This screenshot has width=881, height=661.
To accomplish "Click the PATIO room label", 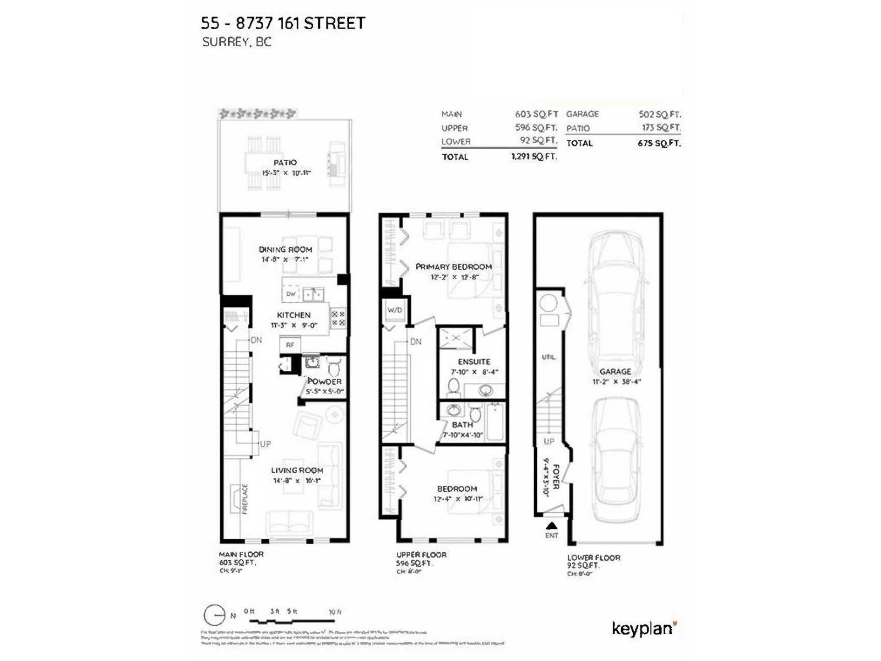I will pos(285,162).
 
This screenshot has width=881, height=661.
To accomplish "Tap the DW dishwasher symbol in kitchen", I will pos(291,294).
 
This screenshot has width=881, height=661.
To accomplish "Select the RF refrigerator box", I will pos(290,345).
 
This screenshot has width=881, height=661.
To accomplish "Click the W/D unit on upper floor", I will pos(394,310).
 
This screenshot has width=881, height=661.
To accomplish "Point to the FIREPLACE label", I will pos(245,499).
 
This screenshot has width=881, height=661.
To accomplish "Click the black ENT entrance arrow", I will pos(551,525).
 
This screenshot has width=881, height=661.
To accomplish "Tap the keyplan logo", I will pos(643,629).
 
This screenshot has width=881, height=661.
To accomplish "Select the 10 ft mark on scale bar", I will pos(335,612).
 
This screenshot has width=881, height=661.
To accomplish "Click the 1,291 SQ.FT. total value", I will pos(534,156).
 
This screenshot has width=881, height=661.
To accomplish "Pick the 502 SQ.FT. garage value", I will pos(659,114).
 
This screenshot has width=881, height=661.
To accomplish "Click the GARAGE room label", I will pos(615,371).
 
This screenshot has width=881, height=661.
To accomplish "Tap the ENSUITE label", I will pos(474,362).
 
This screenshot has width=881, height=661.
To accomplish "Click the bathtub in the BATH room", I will pos(495,422).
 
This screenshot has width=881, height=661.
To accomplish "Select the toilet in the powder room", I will pos(334,367).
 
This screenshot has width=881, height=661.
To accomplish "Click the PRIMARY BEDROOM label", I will pos(453,267).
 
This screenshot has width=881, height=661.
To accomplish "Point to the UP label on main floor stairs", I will pos(265,444).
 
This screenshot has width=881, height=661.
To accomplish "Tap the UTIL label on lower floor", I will pos(548,357).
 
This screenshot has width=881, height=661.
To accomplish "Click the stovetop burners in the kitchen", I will pos(338,319).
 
